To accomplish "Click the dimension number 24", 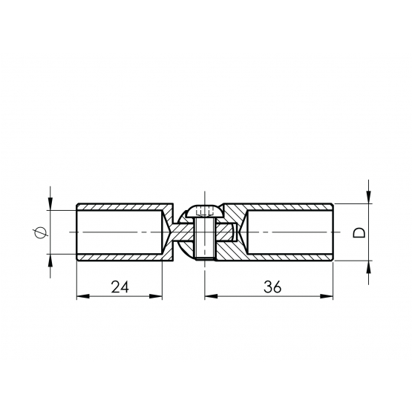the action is pos(120,287).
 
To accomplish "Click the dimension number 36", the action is pos(272,287).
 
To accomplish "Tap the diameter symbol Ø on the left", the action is pos(40,232).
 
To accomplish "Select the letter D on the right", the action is pos(359,233).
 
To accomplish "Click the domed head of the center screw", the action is pos(205,211).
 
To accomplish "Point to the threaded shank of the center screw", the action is pos(205,238).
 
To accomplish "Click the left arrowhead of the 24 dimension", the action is pos(82,296).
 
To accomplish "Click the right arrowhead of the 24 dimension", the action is pos(156,296).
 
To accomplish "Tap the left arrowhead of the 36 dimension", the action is pos(212,296).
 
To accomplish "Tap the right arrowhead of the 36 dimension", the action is pos(327,296).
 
